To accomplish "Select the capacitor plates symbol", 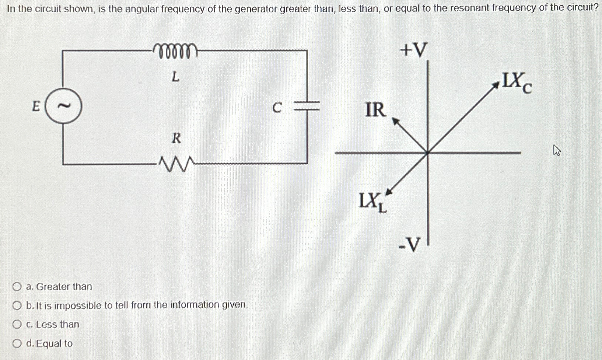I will pos(307,106).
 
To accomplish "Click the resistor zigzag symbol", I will pos(176,163).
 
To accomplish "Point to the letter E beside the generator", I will pos(36,106).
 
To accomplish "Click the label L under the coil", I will pos(175,77).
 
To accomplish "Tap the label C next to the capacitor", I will pos(277,108).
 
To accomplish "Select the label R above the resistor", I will pos(176,139).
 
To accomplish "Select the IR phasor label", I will pos(375,110).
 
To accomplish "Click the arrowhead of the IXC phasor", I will pos(496,85).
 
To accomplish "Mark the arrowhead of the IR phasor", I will pos(395,121).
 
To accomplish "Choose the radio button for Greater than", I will pos(17,287).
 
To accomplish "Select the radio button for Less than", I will pos(17,324).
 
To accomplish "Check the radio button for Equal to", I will pos(17,344).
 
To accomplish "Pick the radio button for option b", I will pos(17,305).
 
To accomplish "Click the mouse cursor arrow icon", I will pos(556,150).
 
